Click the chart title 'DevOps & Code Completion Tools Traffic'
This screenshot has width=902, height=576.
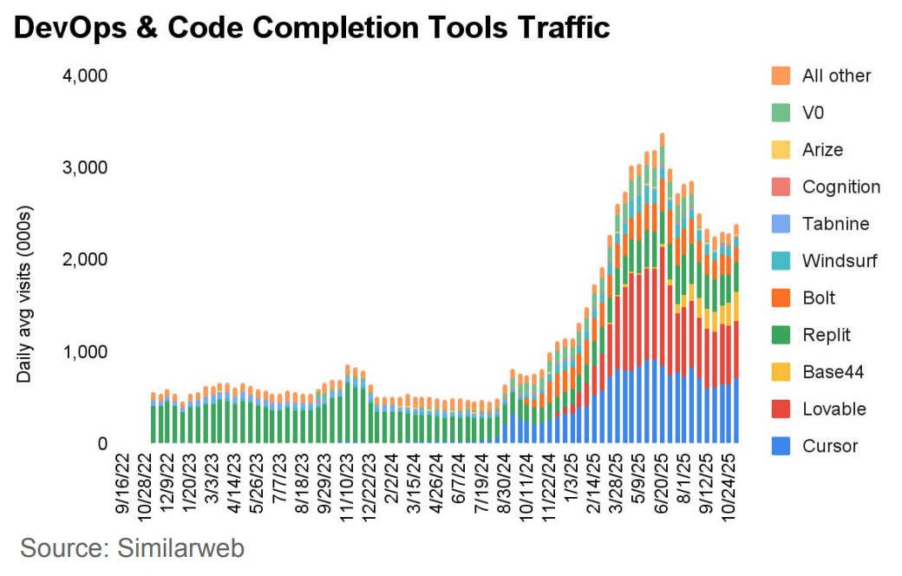click(x=312, y=28)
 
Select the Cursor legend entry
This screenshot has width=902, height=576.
click(x=829, y=446)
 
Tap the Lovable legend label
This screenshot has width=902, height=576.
click(x=833, y=409)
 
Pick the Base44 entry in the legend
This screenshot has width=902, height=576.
click(x=833, y=372)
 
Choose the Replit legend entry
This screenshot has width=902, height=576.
click(x=826, y=335)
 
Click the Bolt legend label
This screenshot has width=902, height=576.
click(x=819, y=298)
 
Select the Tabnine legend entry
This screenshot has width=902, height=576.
click(x=833, y=224)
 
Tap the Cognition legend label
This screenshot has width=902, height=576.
click(x=840, y=187)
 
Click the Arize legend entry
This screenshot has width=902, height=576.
click(x=822, y=149)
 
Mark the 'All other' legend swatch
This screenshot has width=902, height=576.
click(x=781, y=75)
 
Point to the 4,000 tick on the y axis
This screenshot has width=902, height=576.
click(x=84, y=75)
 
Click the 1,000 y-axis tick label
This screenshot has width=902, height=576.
click(x=84, y=352)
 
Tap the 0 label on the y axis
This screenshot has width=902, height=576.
click(x=101, y=444)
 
